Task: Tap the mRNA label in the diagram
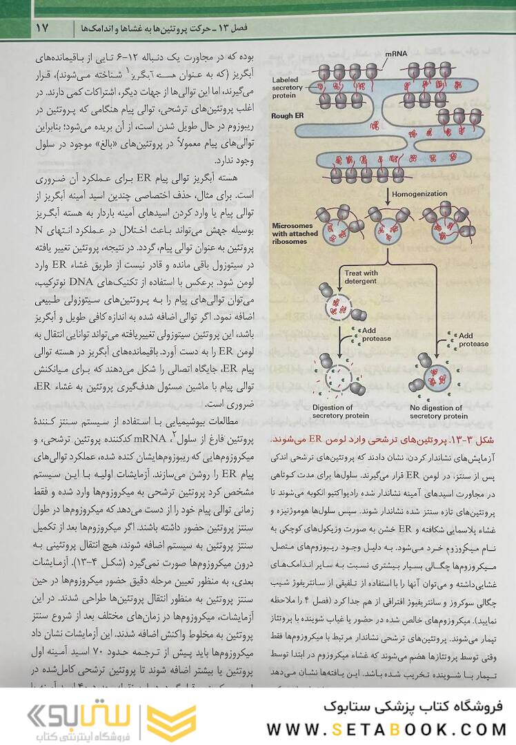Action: click(x=396, y=53)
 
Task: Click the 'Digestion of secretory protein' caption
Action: click(x=333, y=412)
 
